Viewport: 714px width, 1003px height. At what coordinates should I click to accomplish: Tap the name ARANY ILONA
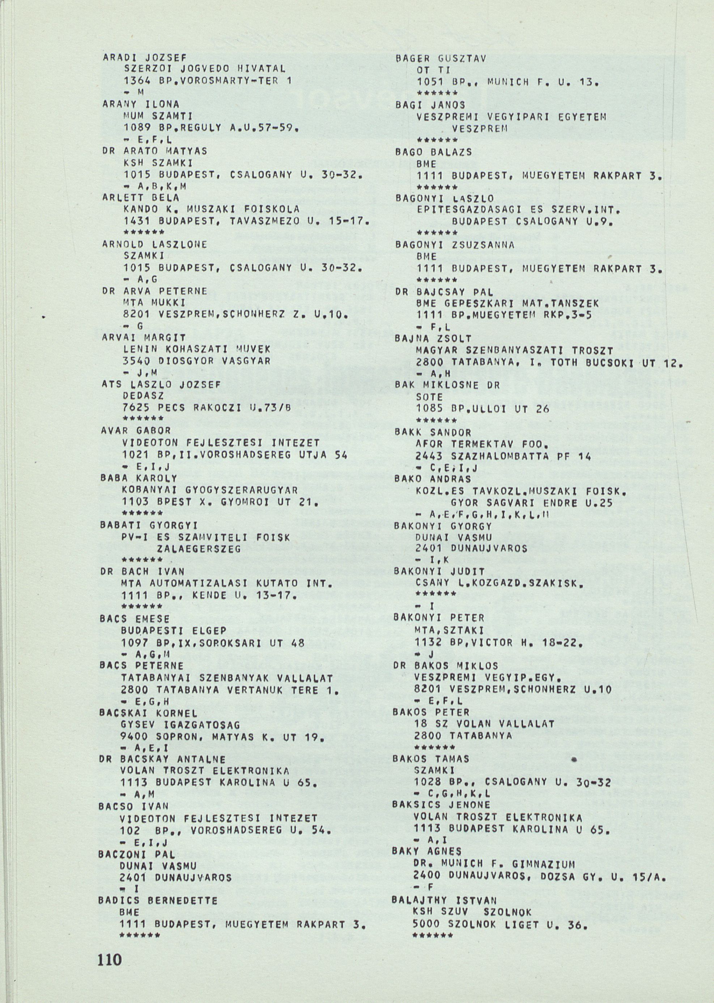click(141, 104)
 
